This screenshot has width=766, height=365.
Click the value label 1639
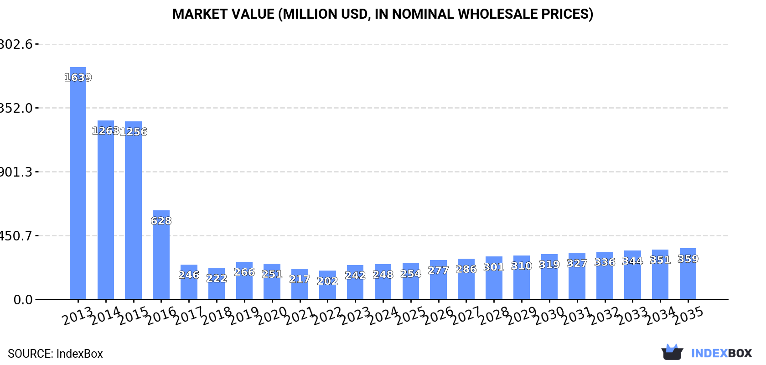click(78, 78)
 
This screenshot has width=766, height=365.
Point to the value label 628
click(161, 221)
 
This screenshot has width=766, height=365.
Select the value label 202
click(327, 281)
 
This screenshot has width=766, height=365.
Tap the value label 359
click(688, 259)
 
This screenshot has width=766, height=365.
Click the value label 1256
click(134, 132)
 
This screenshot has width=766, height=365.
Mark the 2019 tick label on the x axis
click(244, 316)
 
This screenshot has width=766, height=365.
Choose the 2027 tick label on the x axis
click(466, 316)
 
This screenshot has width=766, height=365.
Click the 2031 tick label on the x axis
click(577, 316)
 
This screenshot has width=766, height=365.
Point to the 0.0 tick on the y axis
click(23, 300)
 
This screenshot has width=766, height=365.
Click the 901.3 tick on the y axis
click(16, 172)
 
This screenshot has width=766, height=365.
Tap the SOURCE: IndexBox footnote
click(55, 354)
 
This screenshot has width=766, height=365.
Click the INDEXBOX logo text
click(721, 353)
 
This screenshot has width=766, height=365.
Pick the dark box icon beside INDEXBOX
click(672, 352)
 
